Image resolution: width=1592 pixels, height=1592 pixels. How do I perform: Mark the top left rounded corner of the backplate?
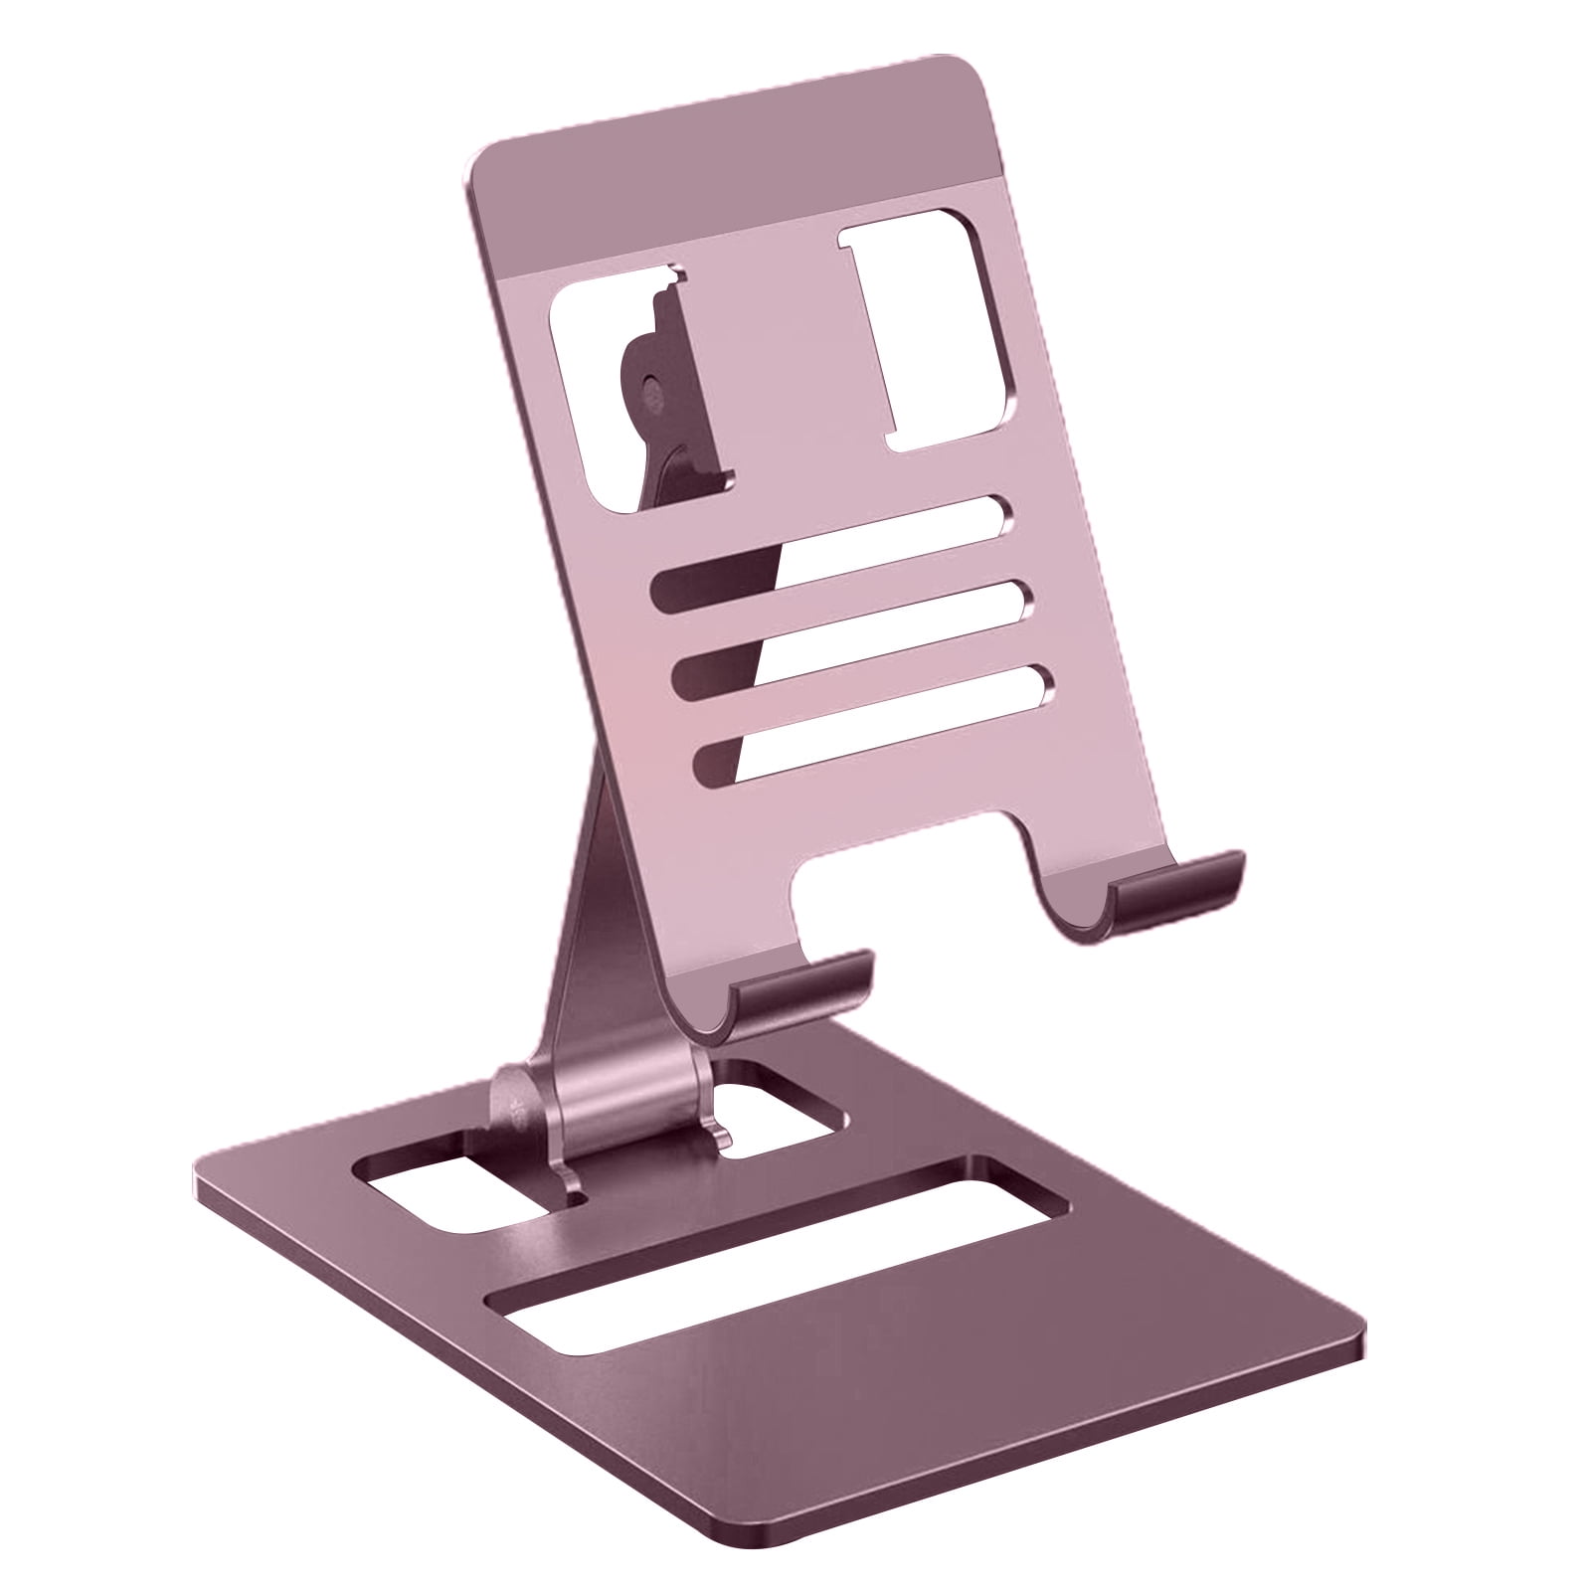(x=487, y=164)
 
